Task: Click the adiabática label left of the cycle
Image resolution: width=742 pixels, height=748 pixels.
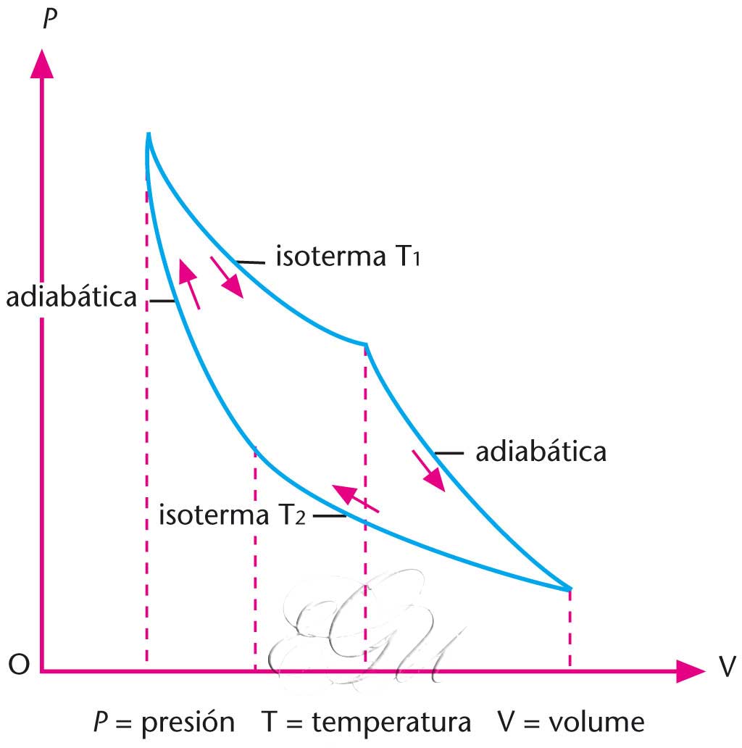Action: pyautogui.click(x=72, y=298)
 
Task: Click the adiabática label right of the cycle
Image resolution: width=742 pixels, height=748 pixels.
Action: pyautogui.click(x=541, y=452)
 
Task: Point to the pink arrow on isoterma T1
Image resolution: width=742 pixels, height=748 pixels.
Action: pyautogui.click(x=228, y=276)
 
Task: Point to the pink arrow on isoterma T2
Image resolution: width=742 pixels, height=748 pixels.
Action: pyautogui.click(x=355, y=499)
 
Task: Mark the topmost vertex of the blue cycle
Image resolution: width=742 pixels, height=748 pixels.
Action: pyautogui.click(x=149, y=136)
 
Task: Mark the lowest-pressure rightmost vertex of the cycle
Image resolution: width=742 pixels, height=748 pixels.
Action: pyautogui.click(x=571, y=588)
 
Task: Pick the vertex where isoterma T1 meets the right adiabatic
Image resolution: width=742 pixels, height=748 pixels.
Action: pyautogui.click(x=365, y=344)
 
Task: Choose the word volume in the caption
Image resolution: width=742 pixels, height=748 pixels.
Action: pyautogui.click(x=596, y=723)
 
